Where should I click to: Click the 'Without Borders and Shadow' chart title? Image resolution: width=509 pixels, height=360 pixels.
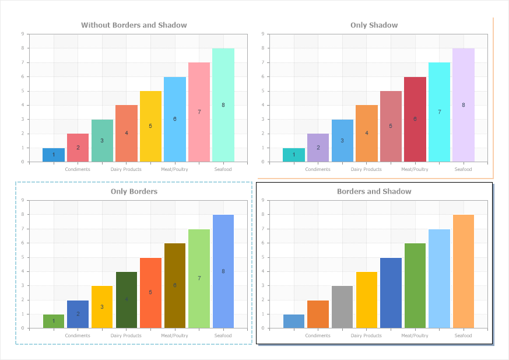coord(134,25)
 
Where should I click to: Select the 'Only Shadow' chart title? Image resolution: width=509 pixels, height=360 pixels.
coord(374,25)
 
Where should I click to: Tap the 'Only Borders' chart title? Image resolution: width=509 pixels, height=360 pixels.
coord(134,191)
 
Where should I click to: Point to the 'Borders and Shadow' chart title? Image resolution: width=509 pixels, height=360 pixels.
coord(374,191)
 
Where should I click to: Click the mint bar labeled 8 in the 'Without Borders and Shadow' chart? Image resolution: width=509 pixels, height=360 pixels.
coord(223,105)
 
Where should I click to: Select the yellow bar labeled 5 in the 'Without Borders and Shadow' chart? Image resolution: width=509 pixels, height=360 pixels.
coord(150,126)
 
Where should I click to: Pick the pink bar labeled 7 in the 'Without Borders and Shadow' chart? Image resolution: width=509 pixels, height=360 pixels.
coord(199,112)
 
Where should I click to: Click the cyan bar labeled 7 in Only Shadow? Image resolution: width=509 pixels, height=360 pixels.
coord(439,112)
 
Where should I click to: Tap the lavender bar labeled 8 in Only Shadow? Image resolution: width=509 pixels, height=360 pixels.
coord(464,105)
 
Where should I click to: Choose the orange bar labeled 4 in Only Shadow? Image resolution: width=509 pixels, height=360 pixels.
coord(367,133)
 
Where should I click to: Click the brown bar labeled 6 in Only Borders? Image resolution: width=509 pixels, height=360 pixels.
coord(175,285)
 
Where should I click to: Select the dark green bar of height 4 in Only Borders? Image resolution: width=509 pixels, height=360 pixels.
coord(127,299)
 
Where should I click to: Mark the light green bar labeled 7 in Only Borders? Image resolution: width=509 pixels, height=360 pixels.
coord(199,278)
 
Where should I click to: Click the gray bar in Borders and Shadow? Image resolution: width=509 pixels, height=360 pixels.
coord(342,306)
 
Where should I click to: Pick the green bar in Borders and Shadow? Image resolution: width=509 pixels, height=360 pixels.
coord(415,285)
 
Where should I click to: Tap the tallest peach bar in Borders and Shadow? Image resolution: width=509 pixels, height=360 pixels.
coord(464,271)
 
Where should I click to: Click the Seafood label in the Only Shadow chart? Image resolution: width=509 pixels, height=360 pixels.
coord(464,169)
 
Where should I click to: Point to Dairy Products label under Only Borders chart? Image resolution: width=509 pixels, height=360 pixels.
coord(126,335)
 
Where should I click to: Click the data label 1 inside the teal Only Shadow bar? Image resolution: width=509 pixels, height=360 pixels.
coord(294,155)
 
